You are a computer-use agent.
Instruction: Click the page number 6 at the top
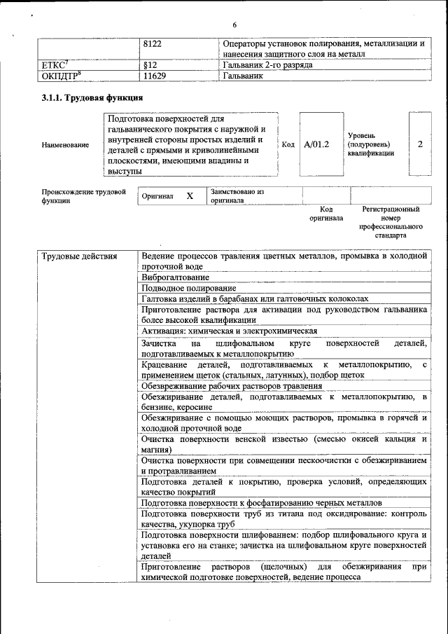pyautogui.click(x=234, y=25)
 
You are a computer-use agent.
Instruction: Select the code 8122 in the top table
pyautogui.click(x=152, y=43)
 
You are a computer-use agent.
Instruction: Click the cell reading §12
pyautogui.click(x=148, y=64)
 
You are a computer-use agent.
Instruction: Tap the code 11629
pyautogui.click(x=154, y=76)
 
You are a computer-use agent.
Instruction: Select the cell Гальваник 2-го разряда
pyautogui.click(x=267, y=64)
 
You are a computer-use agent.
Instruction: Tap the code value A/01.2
pyautogui.click(x=316, y=144)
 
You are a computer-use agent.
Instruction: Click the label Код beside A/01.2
pyautogui.click(x=288, y=144)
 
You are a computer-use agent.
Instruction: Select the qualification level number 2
pyautogui.click(x=419, y=144)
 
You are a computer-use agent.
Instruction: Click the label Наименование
pyautogui.click(x=65, y=145)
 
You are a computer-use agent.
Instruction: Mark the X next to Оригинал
pyautogui.click(x=189, y=196)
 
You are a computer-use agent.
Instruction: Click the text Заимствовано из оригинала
pyautogui.click(x=237, y=195)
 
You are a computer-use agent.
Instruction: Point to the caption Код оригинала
pyautogui.click(x=326, y=214)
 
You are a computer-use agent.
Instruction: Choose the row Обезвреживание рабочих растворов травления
pyautogui.click(x=232, y=385)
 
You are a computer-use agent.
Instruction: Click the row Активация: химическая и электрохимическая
pyautogui.click(x=229, y=331)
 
